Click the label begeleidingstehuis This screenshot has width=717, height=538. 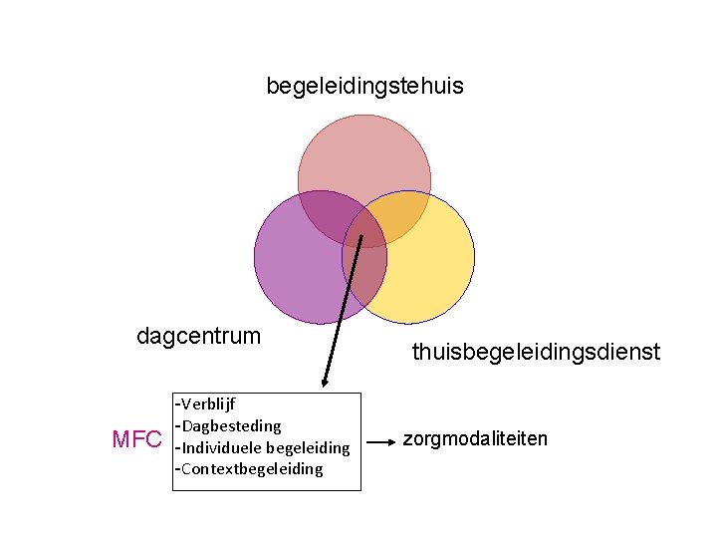click(364, 87)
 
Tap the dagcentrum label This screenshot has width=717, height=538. click(198, 336)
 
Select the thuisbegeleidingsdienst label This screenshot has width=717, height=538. click(536, 352)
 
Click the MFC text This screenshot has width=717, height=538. click(137, 439)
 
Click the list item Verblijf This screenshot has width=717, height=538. click(208, 405)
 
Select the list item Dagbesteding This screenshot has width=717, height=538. click(231, 426)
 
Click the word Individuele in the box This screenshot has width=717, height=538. click(222, 447)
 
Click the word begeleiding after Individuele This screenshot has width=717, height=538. click(309, 447)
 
